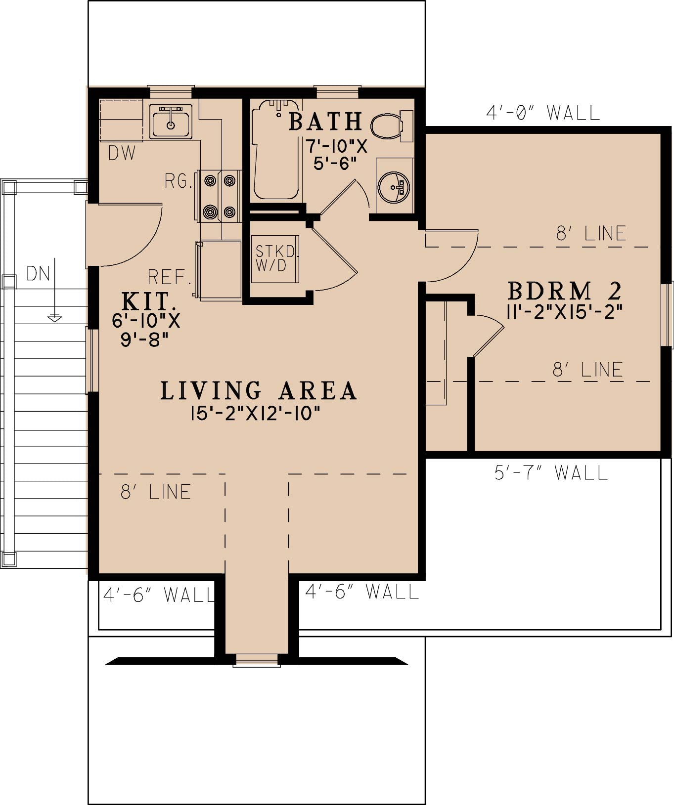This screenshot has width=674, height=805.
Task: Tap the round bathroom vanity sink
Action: click(x=394, y=187)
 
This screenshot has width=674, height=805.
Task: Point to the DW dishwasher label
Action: click(x=122, y=153)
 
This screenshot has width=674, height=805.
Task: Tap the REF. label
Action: click(x=169, y=277)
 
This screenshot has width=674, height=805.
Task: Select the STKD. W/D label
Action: click(x=276, y=258)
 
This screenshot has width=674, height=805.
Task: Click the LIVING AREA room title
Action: click(x=258, y=390)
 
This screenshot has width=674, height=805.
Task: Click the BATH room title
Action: click(x=325, y=122)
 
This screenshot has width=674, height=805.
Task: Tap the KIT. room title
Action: click(x=148, y=300)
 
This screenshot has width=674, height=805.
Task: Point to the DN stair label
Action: click(x=39, y=273)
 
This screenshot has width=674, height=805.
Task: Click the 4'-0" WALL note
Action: click(x=542, y=113)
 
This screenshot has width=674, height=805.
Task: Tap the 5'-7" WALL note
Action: click(x=551, y=473)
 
